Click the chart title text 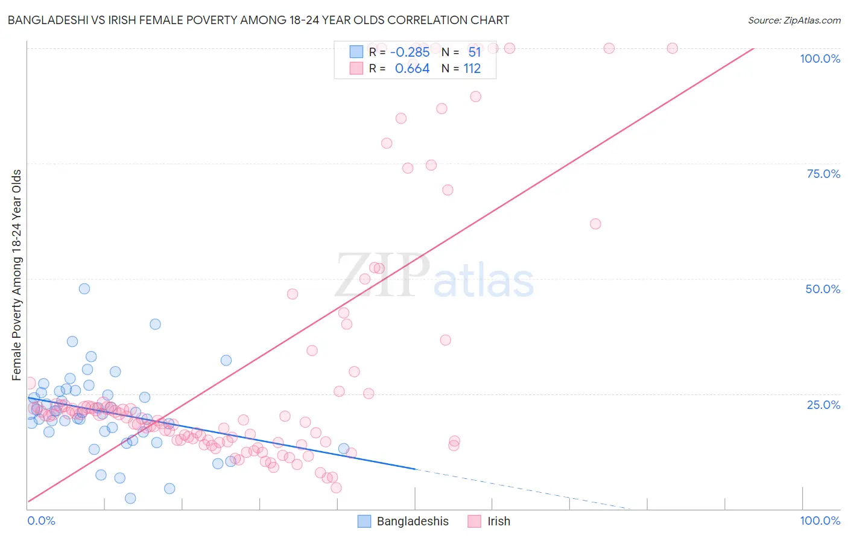[258, 20]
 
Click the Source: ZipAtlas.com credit [794, 20]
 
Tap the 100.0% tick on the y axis [820, 59]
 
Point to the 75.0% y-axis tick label [823, 174]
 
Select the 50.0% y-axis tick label [823, 289]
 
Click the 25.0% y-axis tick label [823, 404]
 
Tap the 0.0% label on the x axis [41, 521]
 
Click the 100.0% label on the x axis [820, 521]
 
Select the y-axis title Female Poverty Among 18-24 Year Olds [17, 275]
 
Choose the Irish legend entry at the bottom [498, 521]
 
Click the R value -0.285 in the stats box [410, 52]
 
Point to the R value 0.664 [412, 69]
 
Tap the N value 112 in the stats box [472, 69]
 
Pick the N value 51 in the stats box [475, 52]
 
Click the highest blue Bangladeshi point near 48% [84, 289]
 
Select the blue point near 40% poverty [155, 324]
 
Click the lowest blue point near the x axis [130, 498]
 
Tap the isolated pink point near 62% [595, 224]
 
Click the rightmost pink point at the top [672, 48]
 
